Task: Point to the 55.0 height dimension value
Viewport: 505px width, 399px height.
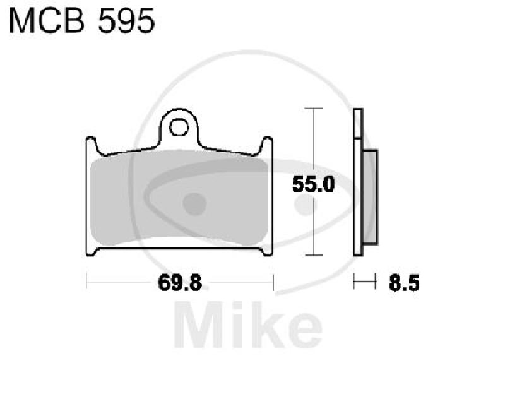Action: click(312, 185)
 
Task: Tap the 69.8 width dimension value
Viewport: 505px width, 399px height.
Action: click(179, 283)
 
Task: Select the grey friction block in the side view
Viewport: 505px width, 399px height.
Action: click(370, 197)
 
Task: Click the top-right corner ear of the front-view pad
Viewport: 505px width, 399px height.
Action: click(268, 145)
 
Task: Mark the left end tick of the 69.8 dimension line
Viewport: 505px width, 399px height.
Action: click(86, 282)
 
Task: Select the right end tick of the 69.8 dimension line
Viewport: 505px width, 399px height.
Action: click(273, 282)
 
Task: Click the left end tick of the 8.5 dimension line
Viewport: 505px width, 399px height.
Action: click(355, 282)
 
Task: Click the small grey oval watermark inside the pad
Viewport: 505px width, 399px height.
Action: click(194, 203)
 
